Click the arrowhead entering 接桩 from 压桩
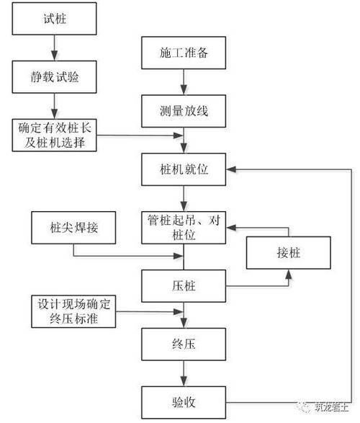[x=288, y=273]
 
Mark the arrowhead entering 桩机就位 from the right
[x=230, y=169]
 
